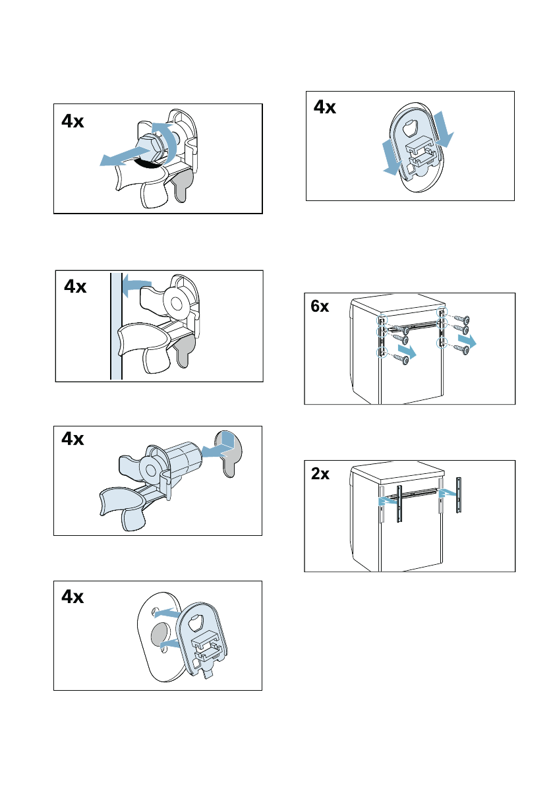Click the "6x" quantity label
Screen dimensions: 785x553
click(x=320, y=307)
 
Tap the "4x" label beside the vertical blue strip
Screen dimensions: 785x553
click(x=76, y=287)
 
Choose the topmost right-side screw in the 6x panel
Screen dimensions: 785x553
click(x=461, y=320)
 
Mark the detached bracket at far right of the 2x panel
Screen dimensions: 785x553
click(x=459, y=494)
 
